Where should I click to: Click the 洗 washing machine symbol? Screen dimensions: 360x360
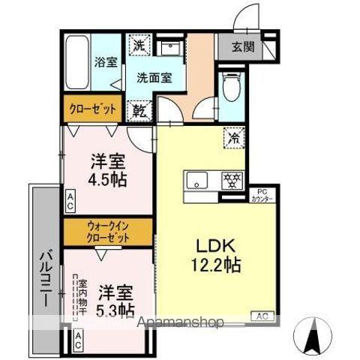pyautogui.click(x=139, y=45)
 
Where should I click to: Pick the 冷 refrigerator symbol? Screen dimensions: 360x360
pyautogui.click(x=234, y=137)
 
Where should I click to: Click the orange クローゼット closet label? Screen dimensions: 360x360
pyautogui.click(x=93, y=109)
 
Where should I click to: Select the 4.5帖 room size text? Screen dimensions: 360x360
pyautogui.click(x=108, y=179)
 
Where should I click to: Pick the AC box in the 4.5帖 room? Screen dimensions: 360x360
pyautogui.click(x=70, y=200)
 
